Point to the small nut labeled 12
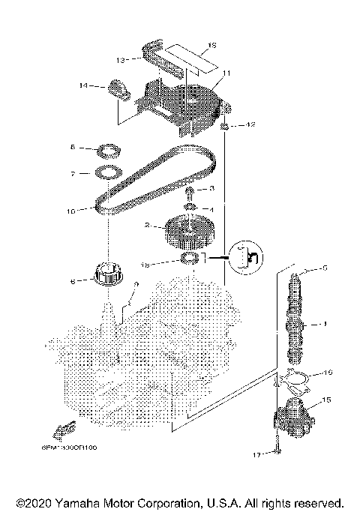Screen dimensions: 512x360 pos(224,125)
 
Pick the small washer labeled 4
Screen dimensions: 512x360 pos(191,208)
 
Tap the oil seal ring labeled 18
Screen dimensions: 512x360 pos(190,260)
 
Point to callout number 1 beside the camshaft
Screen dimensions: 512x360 pos(325,324)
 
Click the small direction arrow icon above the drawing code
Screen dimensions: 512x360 pos(62,428)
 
